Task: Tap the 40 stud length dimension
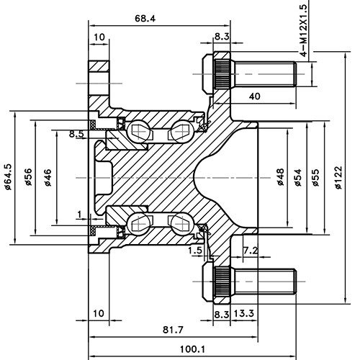coord(254,96)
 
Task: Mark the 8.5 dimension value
coord(76,134)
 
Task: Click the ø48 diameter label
coord(280,177)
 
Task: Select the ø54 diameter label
coord(298,177)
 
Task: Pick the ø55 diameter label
coord(315,177)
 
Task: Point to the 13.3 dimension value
coord(243,315)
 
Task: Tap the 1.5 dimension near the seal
coord(194,250)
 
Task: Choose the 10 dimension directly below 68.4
coord(99,36)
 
